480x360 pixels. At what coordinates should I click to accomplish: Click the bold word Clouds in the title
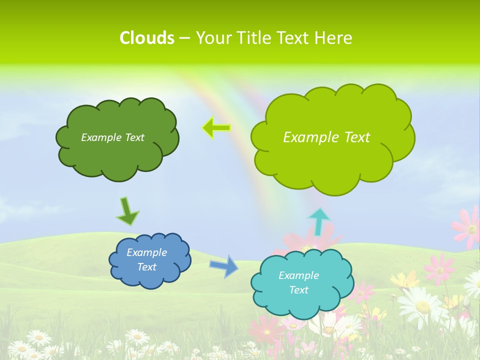(x=146, y=38)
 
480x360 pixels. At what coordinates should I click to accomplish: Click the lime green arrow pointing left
(x=216, y=128)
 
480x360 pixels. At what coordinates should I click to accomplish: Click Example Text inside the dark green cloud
(x=112, y=137)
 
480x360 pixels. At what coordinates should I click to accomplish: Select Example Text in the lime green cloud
(x=326, y=137)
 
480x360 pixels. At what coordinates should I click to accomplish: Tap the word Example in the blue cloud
(x=147, y=252)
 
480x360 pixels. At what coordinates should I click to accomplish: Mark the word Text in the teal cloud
(x=299, y=290)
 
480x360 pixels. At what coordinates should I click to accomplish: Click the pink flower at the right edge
(x=468, y=227)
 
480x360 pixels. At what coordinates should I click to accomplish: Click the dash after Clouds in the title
(x=184, y=38)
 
